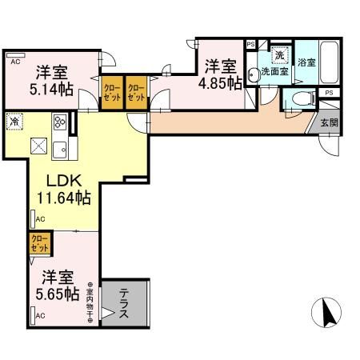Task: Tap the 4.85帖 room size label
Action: pyautogui.click(x=222, y=82)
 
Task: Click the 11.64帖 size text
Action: pyautogui.click(x=62, y=197)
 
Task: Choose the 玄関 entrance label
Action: pyautogui.click(x=329, y=123)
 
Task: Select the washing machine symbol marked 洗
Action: pyautogui.click(x=279, y=55)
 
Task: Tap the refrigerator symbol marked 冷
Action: pyautogui.click(x=15, y=122)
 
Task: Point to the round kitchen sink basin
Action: pyautogui.click(x=61, y=148)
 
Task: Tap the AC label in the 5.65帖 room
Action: pyautogui.click(x=40, y=318)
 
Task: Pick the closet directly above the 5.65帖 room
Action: pyautogui.click(x=39, y=243)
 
